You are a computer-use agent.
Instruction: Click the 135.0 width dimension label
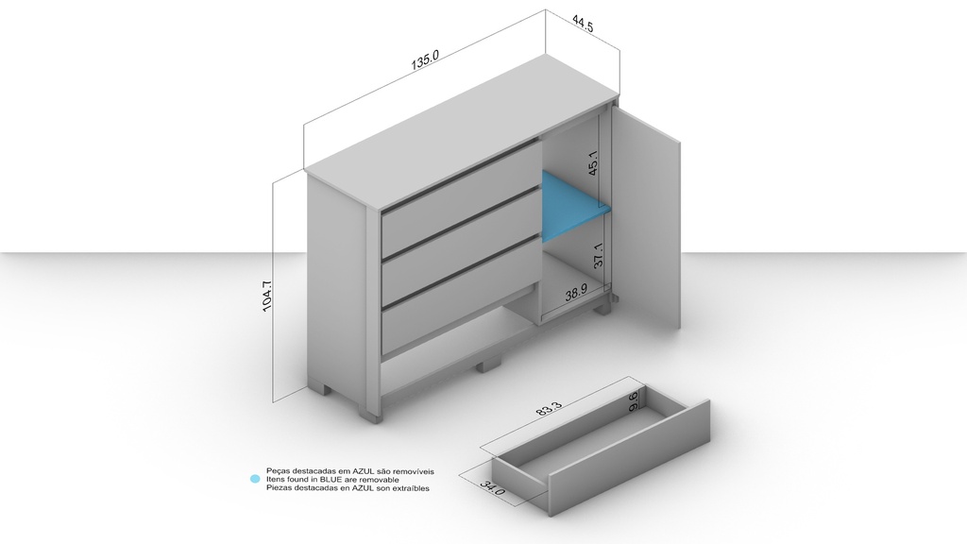click(425, 59)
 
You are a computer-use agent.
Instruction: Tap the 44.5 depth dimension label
click(582, 25)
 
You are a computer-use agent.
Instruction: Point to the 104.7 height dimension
click(267, 296)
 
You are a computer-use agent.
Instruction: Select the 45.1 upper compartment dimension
click(593, 163)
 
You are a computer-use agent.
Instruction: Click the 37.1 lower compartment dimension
click(598, 255)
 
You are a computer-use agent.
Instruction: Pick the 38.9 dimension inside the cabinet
click(576, 293)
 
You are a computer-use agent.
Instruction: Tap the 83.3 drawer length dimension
click(549, 410)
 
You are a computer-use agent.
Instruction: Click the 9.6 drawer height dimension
click(634, 401)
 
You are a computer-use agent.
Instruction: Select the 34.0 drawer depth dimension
click(493, 488)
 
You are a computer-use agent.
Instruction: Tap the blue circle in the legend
click(255, 479)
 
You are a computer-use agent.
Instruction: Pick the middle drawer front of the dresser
click(461, 245)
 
